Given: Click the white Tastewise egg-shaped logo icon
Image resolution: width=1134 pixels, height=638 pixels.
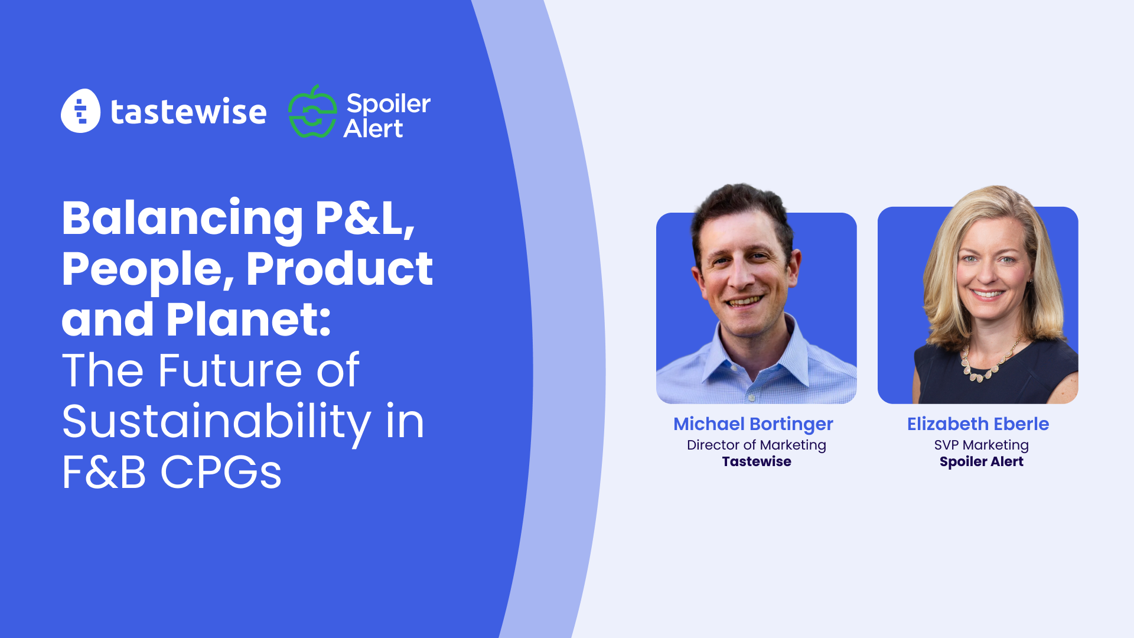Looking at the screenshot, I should point(81,111).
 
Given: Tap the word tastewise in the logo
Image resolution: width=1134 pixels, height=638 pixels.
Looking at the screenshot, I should point(188,112).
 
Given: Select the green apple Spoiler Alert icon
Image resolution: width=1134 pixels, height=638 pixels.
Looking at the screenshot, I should point(312,112).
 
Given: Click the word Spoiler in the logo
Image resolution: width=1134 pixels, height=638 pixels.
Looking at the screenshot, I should point(388,103).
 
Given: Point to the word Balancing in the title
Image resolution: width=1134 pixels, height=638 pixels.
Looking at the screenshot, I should point(182,219).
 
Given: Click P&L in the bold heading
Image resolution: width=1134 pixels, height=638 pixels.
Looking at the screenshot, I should point(364,219).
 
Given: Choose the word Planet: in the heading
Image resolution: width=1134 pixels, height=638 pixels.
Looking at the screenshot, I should point(248,320).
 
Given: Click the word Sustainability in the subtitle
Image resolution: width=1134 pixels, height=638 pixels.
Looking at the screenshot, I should point(216,422).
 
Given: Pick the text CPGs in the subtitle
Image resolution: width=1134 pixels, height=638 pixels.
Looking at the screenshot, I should point(221,473).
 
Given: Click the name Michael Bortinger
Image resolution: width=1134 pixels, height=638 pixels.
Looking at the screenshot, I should point(753,424).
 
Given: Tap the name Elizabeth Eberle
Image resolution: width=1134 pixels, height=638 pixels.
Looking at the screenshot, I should point(978,424).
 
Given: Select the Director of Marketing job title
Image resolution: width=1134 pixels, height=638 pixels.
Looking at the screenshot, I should point(756,445).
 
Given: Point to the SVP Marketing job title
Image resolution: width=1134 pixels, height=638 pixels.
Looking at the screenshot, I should point(981,445).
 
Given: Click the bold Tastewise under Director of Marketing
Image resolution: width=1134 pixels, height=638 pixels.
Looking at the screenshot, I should point(756,461).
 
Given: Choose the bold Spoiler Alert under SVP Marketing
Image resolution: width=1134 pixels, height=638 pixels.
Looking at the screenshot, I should point(981,461).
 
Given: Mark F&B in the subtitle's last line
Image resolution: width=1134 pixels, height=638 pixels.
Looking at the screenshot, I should point(104,473).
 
